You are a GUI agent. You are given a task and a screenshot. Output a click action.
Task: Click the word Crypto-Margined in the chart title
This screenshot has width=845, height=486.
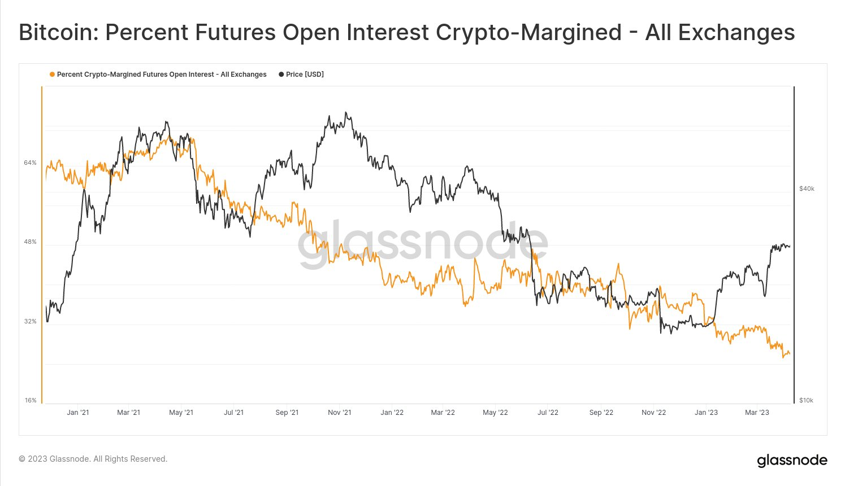[x=528, y=33]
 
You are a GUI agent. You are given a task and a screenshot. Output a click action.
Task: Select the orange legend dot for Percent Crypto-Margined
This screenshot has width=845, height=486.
[x=53, y=75]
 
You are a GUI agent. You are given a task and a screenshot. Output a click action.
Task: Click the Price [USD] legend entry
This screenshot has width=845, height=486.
[x=305, y=75]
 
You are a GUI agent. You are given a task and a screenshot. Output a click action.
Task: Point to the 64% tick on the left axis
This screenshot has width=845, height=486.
[x=30, y=163]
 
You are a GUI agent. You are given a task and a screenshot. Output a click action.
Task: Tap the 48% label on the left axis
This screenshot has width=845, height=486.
[x=30, y=242]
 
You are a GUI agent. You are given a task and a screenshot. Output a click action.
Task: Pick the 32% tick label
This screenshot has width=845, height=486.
[x=30, y=321]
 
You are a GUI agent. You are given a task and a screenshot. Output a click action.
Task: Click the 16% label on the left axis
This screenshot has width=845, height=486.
[x=30, y=400]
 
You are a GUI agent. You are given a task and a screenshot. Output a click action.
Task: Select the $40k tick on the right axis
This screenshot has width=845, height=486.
[x=807, y=189]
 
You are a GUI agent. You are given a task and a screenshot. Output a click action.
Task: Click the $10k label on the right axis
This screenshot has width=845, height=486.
[x=806, y=400]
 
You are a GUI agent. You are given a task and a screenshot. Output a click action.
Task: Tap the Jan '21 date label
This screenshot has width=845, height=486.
[x=78, y=413]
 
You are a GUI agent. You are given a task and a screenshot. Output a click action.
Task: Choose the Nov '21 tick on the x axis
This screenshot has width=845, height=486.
[x=340, y=413]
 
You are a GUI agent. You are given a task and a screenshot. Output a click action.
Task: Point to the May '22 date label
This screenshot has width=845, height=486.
[x=495, y=413]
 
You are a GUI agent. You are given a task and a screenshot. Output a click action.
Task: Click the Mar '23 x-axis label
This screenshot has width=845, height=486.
[x=757, y=413]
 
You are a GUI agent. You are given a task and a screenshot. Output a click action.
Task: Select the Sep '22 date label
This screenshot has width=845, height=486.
[x=601, y=413]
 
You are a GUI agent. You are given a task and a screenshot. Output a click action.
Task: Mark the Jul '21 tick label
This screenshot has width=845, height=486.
[x=233, y=413]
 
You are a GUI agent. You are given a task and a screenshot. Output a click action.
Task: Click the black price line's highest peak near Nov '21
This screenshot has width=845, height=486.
[x=345, y=112]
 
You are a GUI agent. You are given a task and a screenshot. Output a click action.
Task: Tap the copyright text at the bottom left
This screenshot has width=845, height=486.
[x=93, y=459]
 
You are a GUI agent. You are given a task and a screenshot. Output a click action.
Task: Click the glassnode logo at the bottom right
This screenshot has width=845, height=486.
[x=792, y=461]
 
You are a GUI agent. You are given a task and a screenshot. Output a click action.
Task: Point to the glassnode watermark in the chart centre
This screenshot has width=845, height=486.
[x=423, y=244]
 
